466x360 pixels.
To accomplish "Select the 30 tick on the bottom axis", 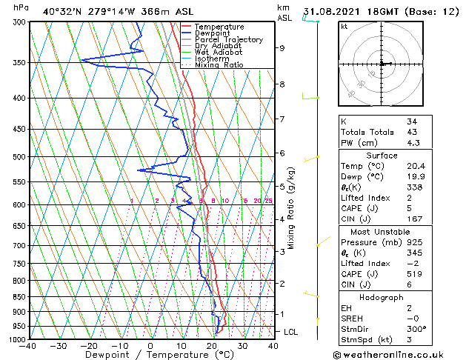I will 242,346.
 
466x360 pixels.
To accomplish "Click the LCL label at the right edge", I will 291,332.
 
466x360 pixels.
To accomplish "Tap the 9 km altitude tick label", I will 282,48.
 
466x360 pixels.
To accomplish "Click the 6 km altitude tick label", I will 282,153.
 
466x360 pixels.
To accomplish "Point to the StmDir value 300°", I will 417,329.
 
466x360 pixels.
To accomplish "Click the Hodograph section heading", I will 382,297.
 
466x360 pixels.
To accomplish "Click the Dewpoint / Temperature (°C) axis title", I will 150,355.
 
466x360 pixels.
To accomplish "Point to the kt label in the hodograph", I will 344,26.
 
